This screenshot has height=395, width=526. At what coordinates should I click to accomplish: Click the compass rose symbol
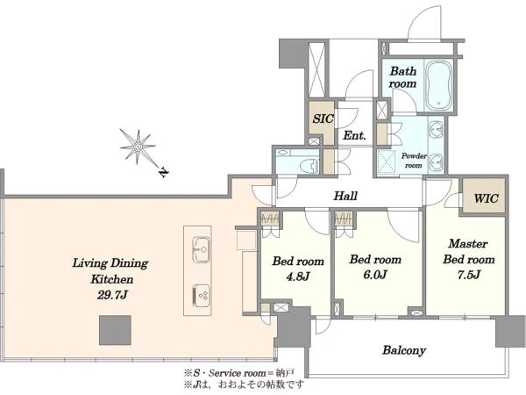[138, 147]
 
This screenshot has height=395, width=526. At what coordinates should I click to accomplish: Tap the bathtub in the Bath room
[439, 85]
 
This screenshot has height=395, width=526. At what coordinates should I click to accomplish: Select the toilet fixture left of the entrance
[310, 166]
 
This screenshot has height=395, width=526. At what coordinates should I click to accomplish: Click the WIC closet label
[486, 198]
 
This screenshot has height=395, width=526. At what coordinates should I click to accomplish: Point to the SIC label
[323, 118]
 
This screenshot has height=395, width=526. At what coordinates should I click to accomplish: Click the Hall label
[345, 196]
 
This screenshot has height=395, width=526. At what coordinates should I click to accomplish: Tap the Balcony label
[404, 350]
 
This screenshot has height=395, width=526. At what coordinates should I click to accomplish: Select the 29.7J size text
[112, 295]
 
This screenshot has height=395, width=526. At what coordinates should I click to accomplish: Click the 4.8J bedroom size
[297, 276]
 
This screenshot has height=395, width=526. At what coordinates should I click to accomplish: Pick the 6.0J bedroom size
[375, 275]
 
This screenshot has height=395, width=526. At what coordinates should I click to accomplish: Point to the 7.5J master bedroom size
[469, 275]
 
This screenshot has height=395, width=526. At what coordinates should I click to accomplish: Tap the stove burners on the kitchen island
[201, 296]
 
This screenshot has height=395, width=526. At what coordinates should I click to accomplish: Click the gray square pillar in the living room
[115, 330]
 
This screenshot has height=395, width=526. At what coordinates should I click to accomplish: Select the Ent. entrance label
[354, 135]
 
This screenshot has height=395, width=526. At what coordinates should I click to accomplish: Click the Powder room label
[414, 161]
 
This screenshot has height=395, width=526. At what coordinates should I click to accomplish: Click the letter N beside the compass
[163, 173]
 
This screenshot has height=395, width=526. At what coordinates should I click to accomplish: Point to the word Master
[468, 243]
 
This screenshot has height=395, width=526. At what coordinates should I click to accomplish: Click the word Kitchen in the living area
[112, 279]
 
